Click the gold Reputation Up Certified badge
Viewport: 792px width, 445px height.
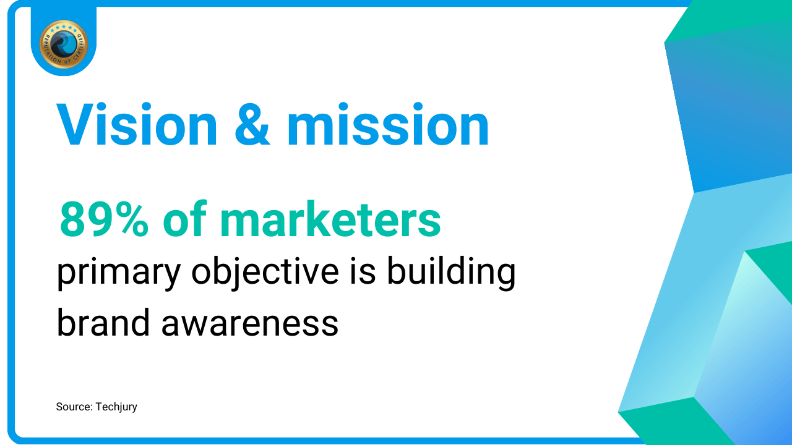click(63, 44)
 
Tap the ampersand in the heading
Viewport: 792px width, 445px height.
click(252, 124)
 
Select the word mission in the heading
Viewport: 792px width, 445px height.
click(388, 124)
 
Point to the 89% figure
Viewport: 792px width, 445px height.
click(103, 219)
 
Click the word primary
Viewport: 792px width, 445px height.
click(119, 274)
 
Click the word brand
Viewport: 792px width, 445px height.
click(103, 322)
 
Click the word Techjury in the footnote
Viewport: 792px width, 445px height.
click(116, 407)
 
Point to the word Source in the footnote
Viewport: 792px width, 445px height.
click(74, 407)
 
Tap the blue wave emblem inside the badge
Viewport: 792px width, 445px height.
click(63, 44)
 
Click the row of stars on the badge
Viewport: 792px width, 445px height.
click(63, 28)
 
